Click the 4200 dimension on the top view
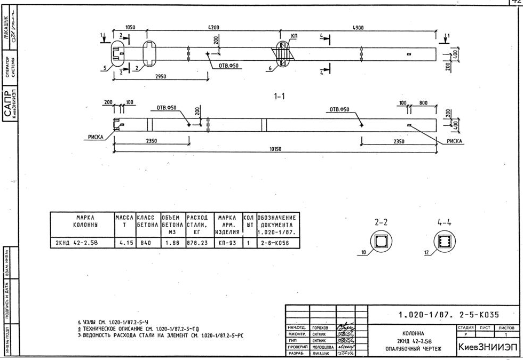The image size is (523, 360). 216,26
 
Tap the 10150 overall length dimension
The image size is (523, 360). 275,149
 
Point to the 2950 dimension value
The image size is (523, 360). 160,76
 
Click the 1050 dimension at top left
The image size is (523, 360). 130,26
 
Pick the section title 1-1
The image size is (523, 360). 279,97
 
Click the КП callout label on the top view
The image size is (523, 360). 295,36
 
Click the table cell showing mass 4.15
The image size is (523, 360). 126,243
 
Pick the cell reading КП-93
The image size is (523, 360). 227,243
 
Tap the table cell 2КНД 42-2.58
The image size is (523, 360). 81,243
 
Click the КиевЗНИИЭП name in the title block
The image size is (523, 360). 485,346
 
